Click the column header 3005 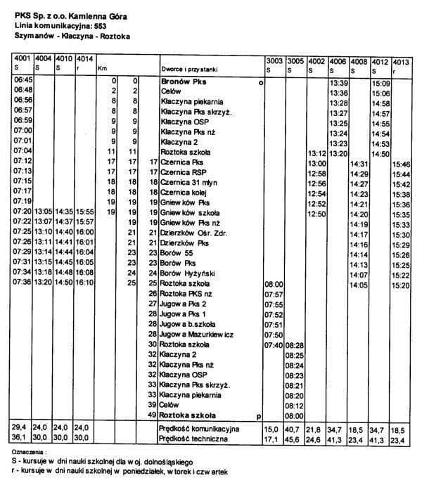[295, 60]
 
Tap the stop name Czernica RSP [184, 171]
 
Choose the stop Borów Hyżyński [188, 272]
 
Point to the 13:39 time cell [339, 83]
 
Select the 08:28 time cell [295, 346]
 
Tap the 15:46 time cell [401, 163]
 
